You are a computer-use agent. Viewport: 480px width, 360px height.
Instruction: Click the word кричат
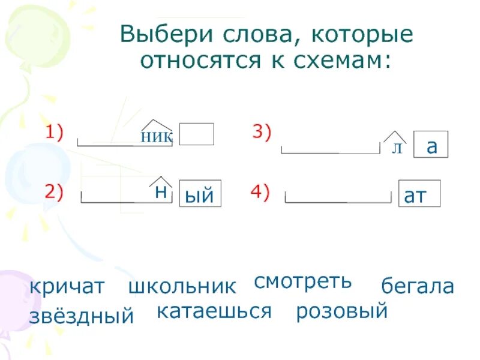[x=67, y=287]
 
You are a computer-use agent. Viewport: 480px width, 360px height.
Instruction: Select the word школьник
[x=182, y=287]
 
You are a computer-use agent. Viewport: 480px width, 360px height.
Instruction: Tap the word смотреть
[x=302, y=280]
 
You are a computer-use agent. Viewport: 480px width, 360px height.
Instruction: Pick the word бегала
[x=418, y=287]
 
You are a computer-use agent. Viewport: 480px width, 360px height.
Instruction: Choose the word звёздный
[x=81, y=316]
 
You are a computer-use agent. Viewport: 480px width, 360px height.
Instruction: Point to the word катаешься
[x=215, y=311]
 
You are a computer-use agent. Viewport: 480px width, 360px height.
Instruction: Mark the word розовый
[x=342, y=311]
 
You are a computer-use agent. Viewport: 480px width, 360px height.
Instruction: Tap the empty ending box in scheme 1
[x=196, y=134]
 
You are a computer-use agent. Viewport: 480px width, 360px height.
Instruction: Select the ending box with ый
[x=200, y=194]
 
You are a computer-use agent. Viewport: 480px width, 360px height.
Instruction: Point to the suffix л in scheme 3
[x=396, y=148]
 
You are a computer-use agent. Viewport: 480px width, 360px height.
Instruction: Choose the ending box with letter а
[x=431, y=146]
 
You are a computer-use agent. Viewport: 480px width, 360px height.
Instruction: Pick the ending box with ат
[x=419, y=194]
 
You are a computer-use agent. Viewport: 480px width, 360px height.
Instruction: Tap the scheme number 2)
[x=54, y=191]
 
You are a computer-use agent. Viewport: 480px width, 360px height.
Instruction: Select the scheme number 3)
[x=262, y=133]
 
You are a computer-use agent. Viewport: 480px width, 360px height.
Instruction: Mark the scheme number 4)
[x=260, y=192]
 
